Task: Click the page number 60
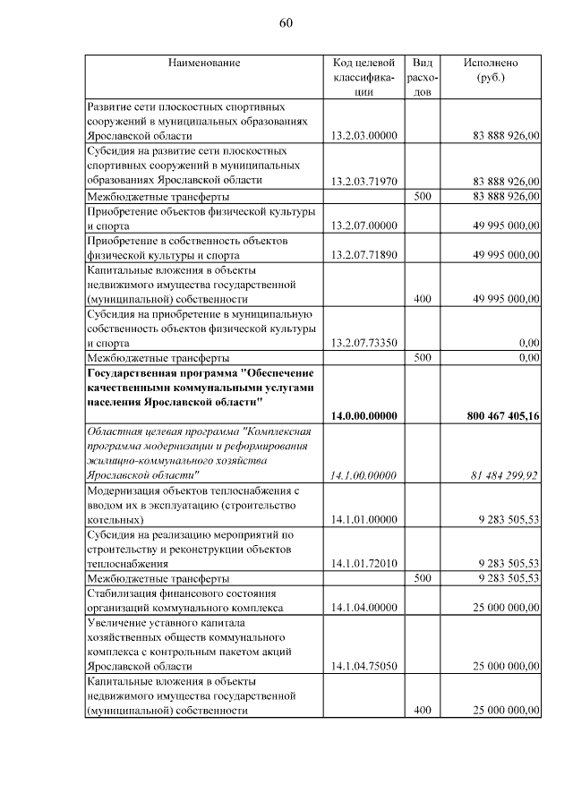(286, 22)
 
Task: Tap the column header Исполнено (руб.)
(490, 70)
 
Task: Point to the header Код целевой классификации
(363, 77)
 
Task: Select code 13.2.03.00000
(363, 135)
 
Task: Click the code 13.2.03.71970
(363, 181)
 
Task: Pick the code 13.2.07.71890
(363, 255)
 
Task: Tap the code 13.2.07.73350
(363, 343)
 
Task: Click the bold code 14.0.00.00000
(363, 416)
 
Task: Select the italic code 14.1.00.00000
(363, 475)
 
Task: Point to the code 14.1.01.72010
(363, 563)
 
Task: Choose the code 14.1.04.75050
(363, 666)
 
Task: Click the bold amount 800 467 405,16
(503, 416)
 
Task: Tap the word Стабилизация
(123, 593)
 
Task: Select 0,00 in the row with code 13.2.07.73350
(528, 343)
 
